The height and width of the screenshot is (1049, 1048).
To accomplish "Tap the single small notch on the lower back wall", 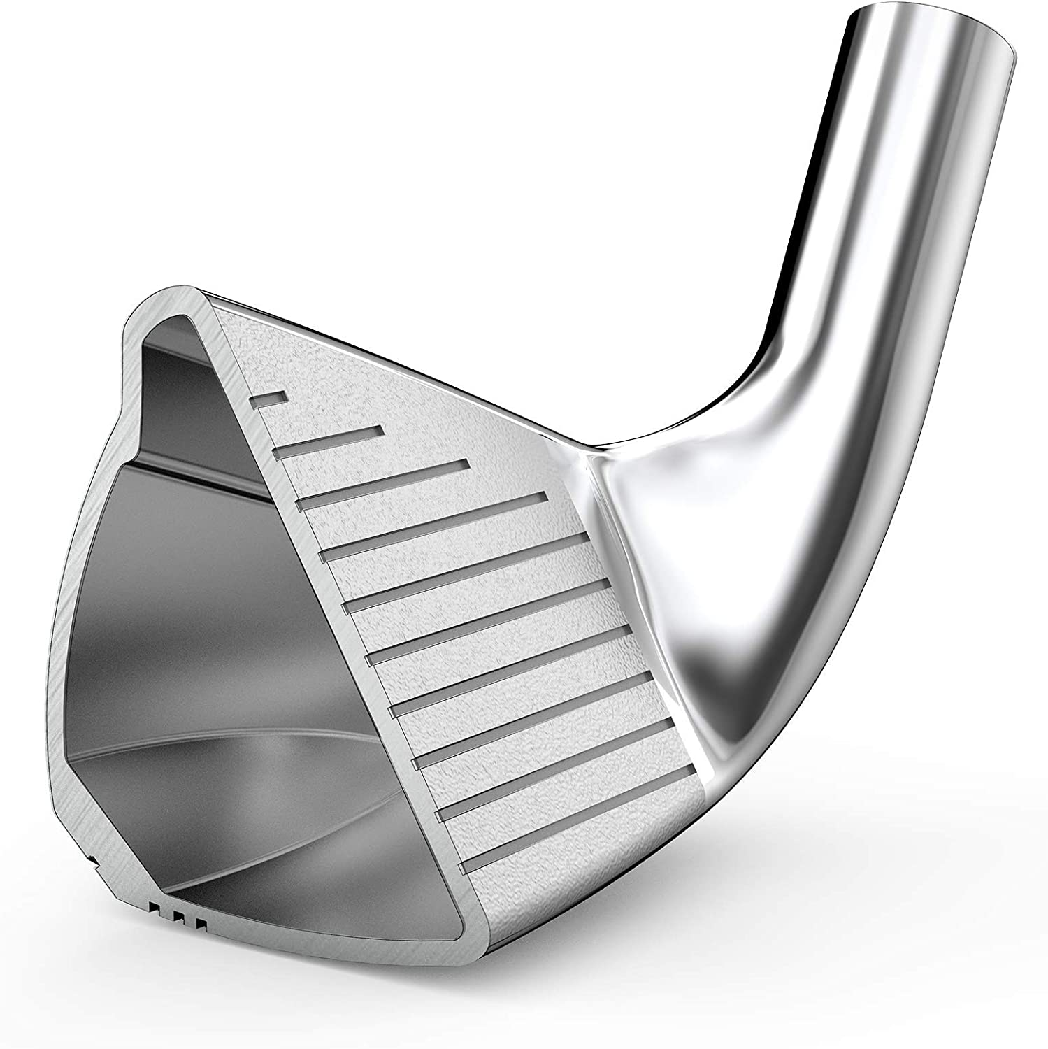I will point(91,857).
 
